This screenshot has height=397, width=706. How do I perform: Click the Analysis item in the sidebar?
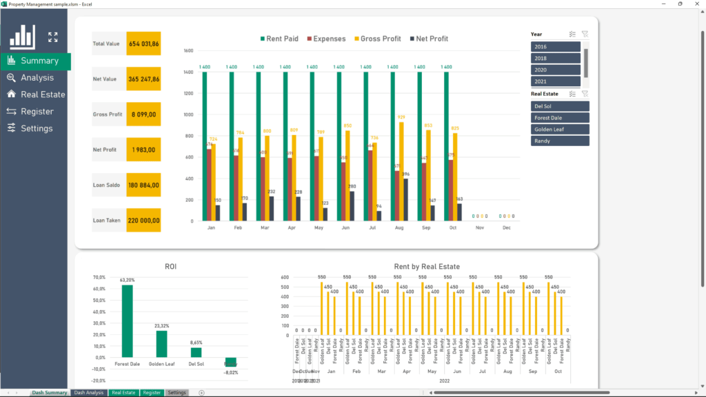click(37, 78)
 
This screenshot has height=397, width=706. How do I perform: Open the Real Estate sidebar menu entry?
click(42, 94)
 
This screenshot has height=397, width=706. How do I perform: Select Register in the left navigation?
click(37, 112)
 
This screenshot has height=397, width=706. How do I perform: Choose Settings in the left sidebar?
click(37, 128)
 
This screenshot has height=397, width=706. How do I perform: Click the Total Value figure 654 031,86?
click(143, 43)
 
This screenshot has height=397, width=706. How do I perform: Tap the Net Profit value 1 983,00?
click(143, 150)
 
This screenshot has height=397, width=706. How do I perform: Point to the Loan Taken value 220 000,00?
click(143, 221)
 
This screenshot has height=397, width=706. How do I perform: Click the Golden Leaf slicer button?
click(560, 130)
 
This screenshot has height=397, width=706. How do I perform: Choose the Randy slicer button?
click(560, 141)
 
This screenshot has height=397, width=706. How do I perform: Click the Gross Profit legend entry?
click(377, 39)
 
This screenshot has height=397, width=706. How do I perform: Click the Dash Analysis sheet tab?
click(89, 393)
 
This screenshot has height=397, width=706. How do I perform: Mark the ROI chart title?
click(170, 266)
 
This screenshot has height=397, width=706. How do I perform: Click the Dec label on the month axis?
click(507, 227)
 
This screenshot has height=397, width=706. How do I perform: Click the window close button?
click(696, 3)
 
